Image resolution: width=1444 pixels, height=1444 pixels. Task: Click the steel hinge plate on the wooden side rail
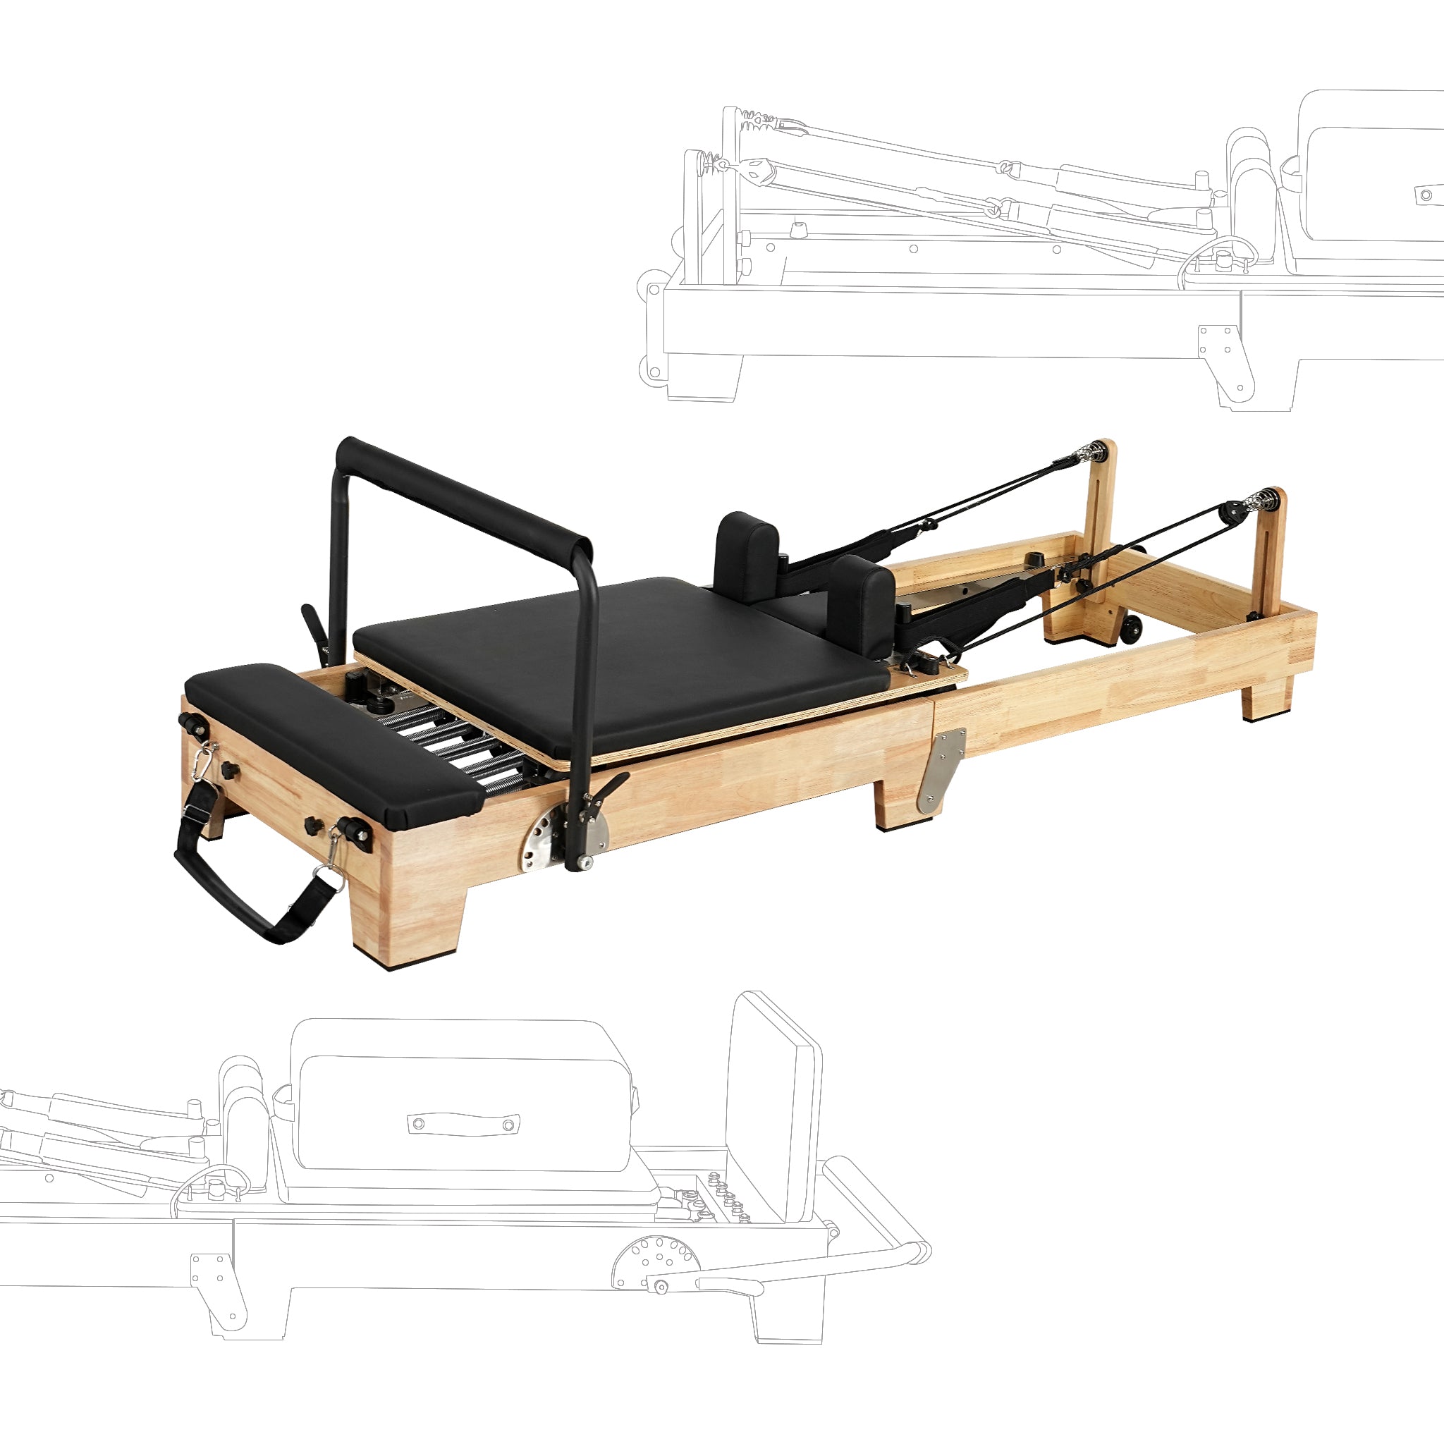coord(941,770)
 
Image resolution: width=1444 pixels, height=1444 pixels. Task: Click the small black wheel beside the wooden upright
coord(1132,628)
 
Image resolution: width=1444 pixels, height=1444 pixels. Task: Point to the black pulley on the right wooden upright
coord(1231,514)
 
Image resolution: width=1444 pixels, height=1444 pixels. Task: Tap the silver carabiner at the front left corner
coord(202,761)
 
